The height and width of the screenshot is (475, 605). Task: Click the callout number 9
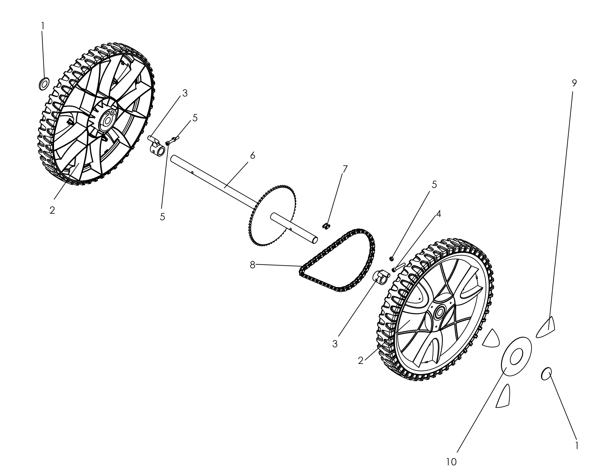[574, 83]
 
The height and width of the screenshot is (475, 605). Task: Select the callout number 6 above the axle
[253, 156]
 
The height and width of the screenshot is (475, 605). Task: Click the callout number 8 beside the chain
[253, 265]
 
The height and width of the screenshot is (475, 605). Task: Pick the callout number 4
[438, 214]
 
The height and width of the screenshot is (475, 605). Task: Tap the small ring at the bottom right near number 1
[546, 374]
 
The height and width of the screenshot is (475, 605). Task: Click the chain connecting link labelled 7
[326, 226]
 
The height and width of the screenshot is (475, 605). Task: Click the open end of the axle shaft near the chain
[314, 240]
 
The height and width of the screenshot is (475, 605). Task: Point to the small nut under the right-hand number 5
[391, 258]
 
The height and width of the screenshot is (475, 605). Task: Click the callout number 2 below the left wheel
[52, 210]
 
